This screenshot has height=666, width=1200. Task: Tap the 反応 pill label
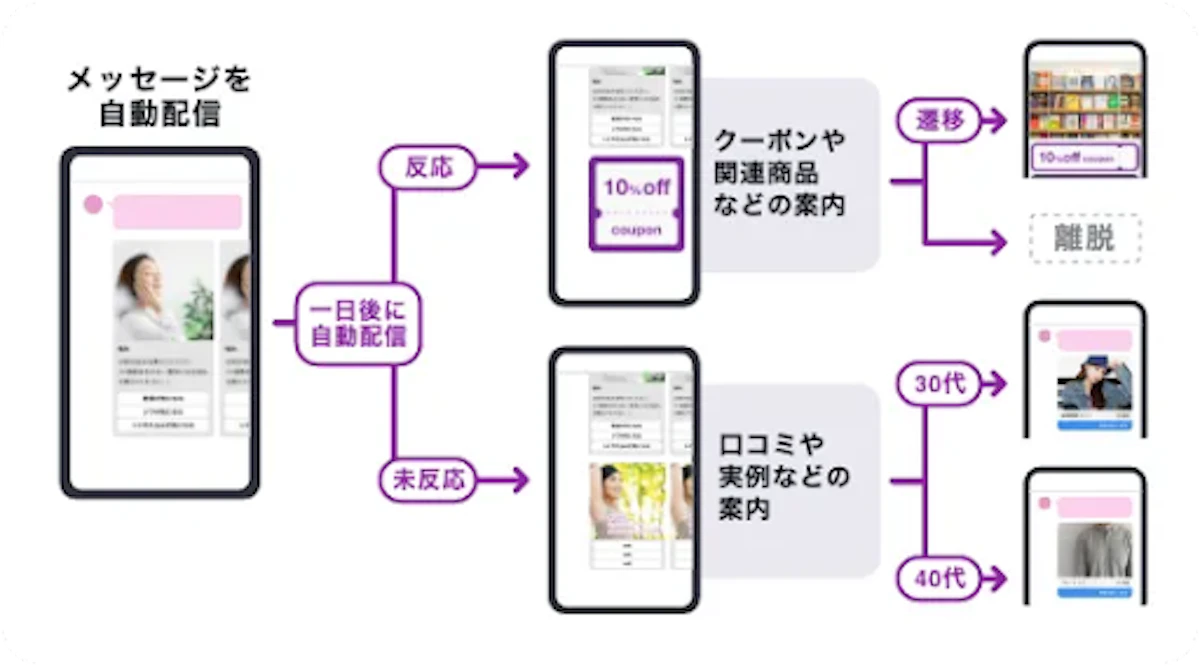(x=428, y=167)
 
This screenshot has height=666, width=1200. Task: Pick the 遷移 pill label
(x=940, y=122)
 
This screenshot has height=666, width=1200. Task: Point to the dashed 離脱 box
(x=1084, y=238)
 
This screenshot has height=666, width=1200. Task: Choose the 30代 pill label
(x=941, y=383)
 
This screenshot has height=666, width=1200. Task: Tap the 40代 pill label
(x=941, y=577)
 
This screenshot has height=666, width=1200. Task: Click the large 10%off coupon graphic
(x=636, y=204)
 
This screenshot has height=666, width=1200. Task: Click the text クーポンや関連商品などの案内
(x=780, y=172)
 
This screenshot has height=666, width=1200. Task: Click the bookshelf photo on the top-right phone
(x=1085, y=100)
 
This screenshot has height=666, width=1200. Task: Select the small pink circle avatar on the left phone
(x=93, y=205)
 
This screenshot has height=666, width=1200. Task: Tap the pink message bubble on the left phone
(x=177, y=212)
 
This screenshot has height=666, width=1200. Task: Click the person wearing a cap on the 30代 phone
(x=1094, y=382)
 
